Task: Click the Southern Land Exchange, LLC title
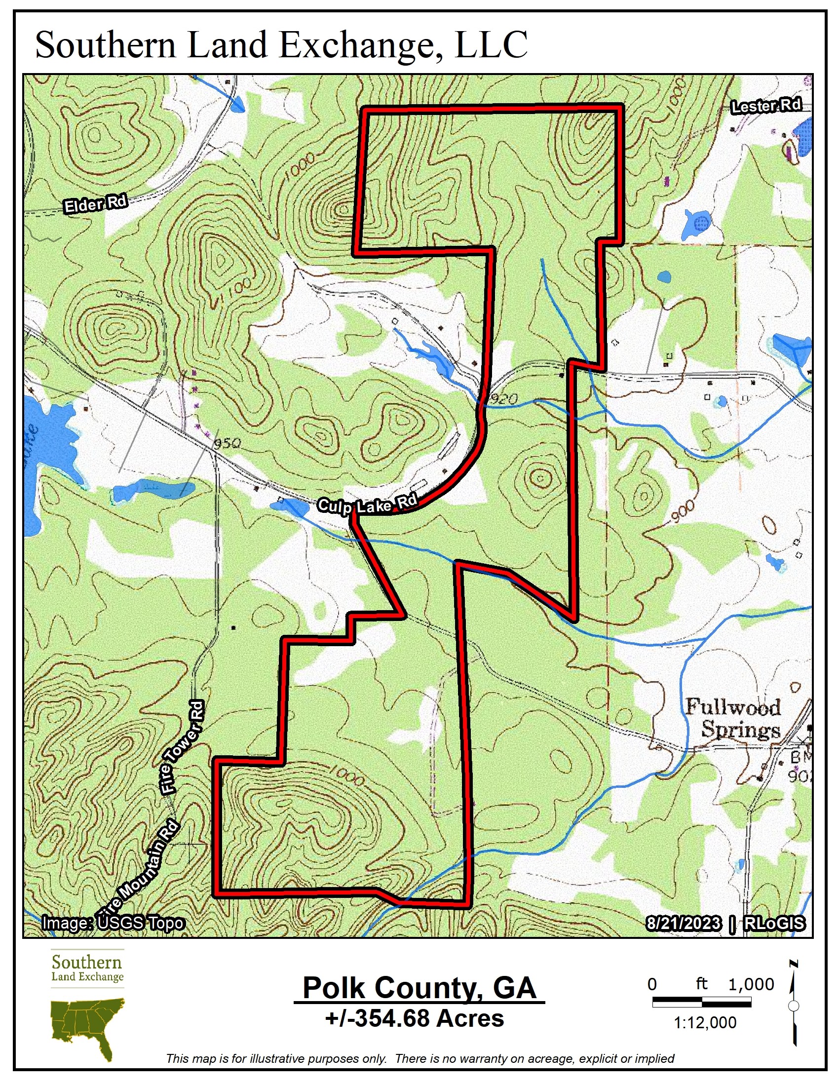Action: pyautogui.click(x=281, y=45)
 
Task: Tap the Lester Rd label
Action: pyautogui.click(x=766, y=106)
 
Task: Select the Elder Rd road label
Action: pyautogui.click(x=95, y=204)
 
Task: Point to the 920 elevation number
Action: pyautogui.click(x=503, y=399)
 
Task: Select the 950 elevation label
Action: pyautogui.click(x=227, y=443)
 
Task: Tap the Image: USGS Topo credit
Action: pyautogui.click(x=114, y=923)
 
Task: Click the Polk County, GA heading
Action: pyautogui.click(x=419, y=988)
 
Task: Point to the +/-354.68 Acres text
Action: pyautogui.click(x=415, y=1018)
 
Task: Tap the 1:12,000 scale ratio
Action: pyautogui.click(x=705, y=1022)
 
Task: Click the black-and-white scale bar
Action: pyautogui.click(x=701, y=1002)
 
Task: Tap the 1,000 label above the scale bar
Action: pyautogui.click(x=751, y=984)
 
